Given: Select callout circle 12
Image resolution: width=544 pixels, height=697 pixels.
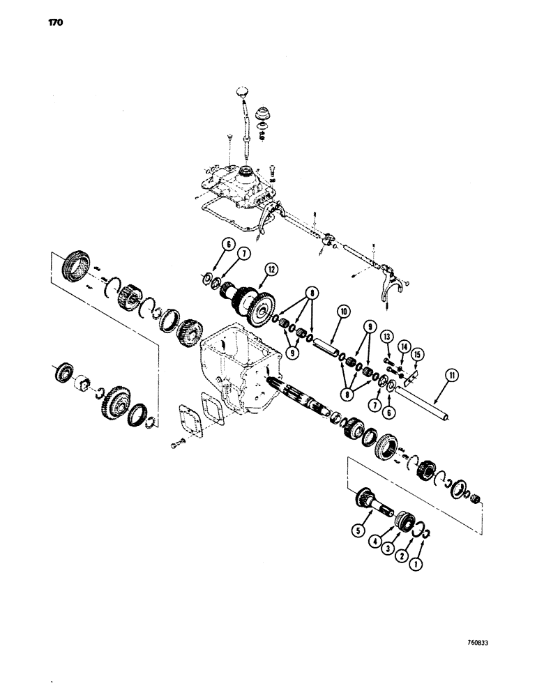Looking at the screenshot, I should pyautogui.click(x=270, y=268).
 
